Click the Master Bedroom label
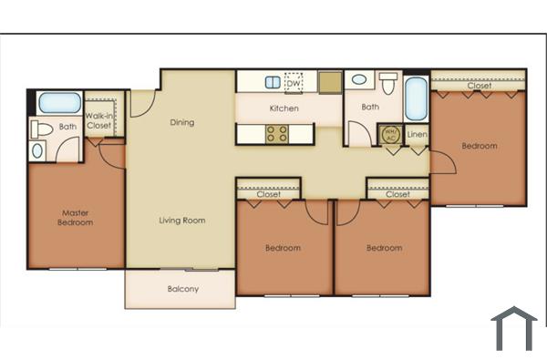tap(75, 216)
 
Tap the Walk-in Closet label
tap(98, 120)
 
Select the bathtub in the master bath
tap(58, 102)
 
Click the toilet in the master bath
tap(41, 129)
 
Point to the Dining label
tap(182, 122)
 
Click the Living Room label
tap(182, 220)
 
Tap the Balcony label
tap(183, 290)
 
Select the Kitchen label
tap(284, 109)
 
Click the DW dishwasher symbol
tap(294, 82)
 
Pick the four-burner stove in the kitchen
tap(277, 134)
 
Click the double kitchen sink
tap(273, 82)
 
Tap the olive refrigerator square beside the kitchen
tap(329, 82)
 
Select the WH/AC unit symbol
tap(389, 134)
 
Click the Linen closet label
tap(417, 135)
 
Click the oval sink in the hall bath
tap(360, 80)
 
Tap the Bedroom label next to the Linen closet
tap(479, 146)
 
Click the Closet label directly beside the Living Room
tap(268, 194)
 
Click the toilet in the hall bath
tap(387, 85)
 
